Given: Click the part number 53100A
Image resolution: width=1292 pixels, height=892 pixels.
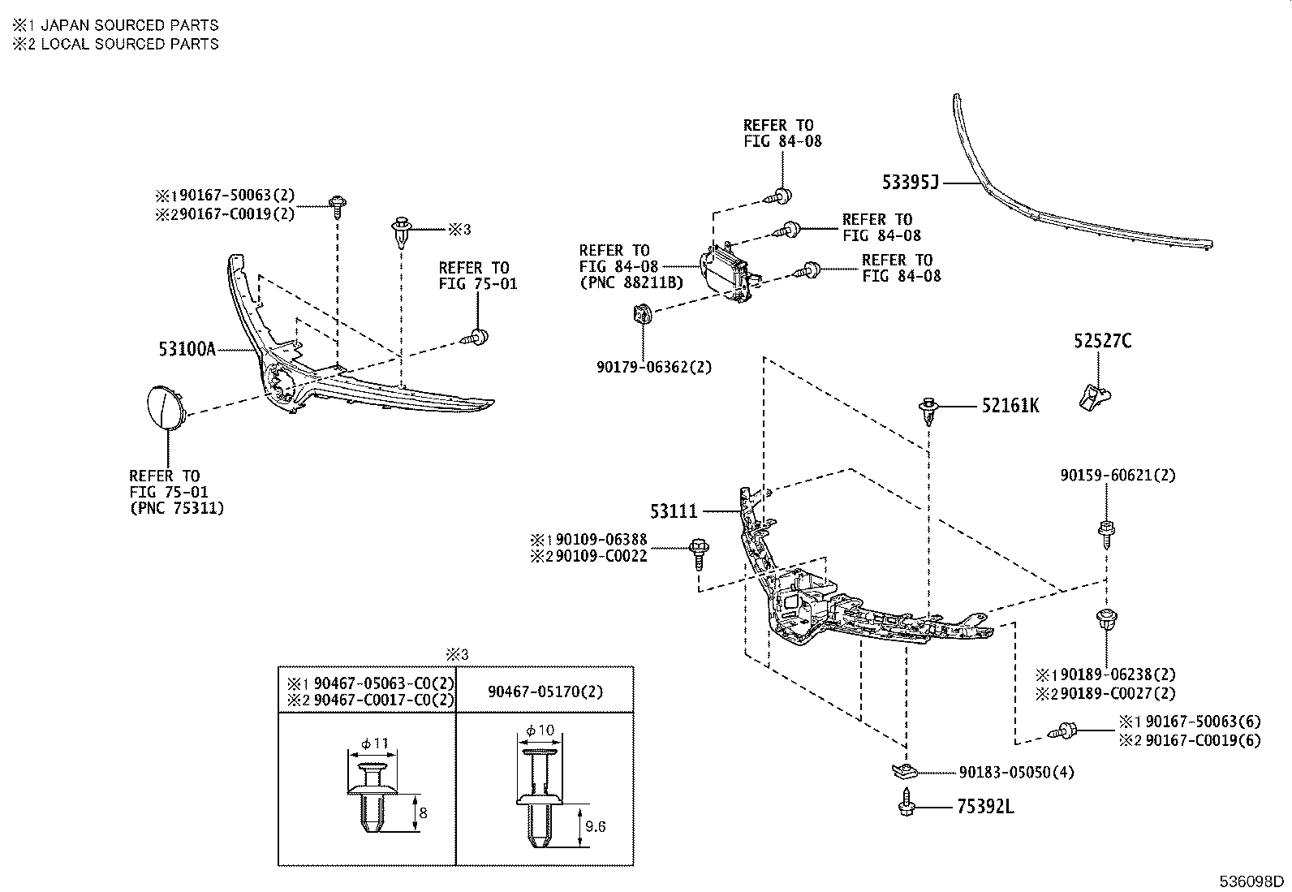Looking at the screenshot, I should pyautogui.click(x=187, y=349).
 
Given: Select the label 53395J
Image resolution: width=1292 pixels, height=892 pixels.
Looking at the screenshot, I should pyautogui.click(x=910, y=183).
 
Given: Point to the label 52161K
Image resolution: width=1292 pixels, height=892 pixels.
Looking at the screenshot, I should pyautogui.click(x=1010, y=405).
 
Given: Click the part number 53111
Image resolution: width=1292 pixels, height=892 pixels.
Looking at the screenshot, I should pyautogui.click(x=674, y=512).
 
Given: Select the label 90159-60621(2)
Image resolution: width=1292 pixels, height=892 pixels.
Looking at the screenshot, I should pyautogui.click(x=1117, y=475).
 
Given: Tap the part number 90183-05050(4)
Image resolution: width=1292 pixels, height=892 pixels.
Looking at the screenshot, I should pyautogui.click(x=1016, y=772).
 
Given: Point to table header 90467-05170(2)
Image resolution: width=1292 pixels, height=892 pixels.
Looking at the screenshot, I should pyautogui.click(x=545, y=692).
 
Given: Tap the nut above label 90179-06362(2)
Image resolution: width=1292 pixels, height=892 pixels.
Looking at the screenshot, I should pyautogui.click(x=640, y=313).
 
